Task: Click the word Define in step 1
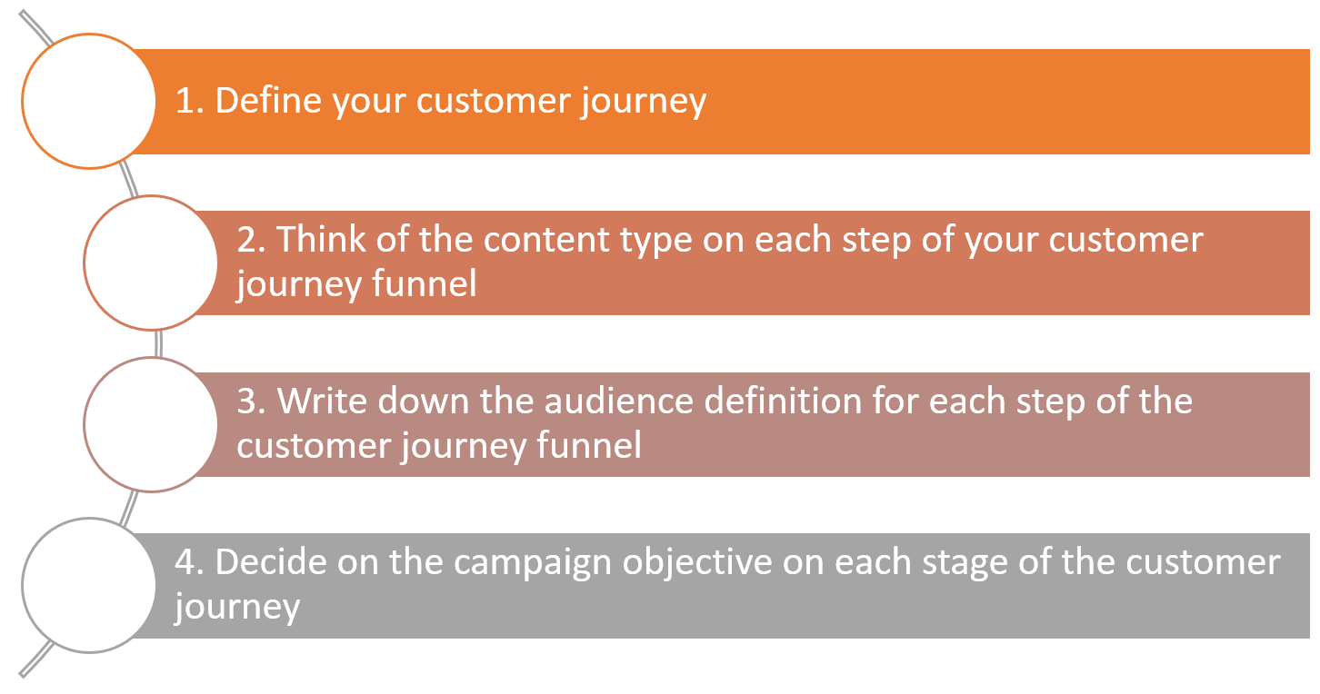tap(268, 100)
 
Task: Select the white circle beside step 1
tap(89, 101)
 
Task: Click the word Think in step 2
tap(321, 239)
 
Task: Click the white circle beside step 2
tap(151, 263)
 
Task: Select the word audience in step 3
tap(619, 402)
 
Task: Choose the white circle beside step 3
tap(151, 424)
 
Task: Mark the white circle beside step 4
tap(89, 586)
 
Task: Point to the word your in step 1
tap(369, 104)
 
